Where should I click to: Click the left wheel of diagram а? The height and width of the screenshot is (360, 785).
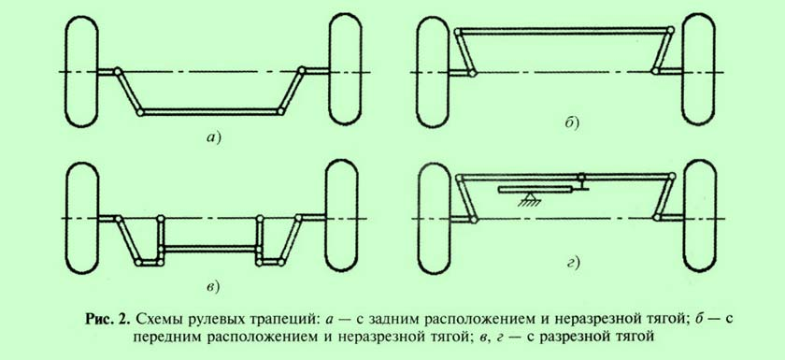point(81,71)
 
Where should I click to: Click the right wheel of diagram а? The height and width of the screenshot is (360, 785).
point(345,68)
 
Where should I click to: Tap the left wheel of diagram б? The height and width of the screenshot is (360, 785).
point(433,72)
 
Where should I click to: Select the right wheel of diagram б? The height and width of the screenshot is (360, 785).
point(699,69)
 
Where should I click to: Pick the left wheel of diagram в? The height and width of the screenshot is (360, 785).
point(82,218)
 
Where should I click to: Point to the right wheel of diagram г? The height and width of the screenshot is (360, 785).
point(700,216)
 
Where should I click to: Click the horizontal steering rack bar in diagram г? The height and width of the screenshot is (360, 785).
point(535,189)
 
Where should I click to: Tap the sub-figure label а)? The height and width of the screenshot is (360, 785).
point(214,138)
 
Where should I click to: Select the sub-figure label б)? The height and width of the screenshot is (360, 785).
point(571,122)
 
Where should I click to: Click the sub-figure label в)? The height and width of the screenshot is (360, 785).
point(213,286)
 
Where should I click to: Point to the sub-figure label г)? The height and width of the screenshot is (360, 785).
point(572,262)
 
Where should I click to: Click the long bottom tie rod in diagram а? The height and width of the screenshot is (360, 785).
point(210,111)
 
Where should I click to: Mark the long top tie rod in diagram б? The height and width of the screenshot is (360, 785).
point(564,31)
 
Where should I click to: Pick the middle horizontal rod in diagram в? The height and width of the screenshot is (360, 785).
point(209,249)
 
